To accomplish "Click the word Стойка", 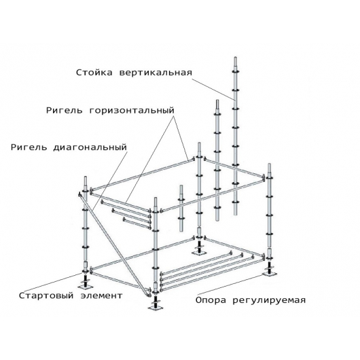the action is pos(94,73).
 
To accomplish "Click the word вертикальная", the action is pos(156,73).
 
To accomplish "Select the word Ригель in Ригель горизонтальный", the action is pos(65,111).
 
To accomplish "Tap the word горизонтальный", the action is pos(132,111).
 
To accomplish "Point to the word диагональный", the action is pos(90,147).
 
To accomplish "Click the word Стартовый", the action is pos(46,295).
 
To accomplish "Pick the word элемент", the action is pos(101,295).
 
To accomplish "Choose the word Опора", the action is pos(211,300).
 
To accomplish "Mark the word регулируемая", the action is pos(269,300).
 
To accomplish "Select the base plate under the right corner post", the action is pos(269,273).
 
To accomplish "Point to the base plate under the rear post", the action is pos(199,253).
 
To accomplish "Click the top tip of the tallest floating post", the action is pos(235,57).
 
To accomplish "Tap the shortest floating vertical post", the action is pos(181,209).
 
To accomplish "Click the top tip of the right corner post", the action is pos(269,164).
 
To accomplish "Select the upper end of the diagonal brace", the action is pos(79,194).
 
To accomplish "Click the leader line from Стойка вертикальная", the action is pos(213,89).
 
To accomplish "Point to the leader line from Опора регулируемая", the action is pos(230,284).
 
